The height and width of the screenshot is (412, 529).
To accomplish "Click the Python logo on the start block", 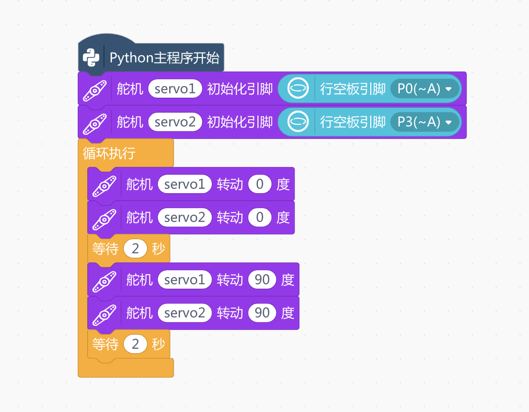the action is pos(91,57).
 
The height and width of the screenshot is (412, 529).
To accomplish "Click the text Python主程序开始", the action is pos(164,57).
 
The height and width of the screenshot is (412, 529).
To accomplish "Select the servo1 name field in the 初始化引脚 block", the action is pos(175,89).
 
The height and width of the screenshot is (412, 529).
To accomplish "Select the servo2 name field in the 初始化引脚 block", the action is pos(175,122).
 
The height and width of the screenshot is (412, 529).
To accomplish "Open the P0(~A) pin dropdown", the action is pos(425,89).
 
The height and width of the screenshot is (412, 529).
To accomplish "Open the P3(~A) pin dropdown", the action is pos(425,122).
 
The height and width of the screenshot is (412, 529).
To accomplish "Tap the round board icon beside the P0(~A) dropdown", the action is pos(298,88).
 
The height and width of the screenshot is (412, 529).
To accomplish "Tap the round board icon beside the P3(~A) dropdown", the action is pos(298,122).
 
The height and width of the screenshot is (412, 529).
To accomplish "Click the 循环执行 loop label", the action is pos(109,153).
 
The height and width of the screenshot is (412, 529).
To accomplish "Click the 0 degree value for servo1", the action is pos(260,184).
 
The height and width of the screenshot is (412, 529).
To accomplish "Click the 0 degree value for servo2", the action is pos(260,217).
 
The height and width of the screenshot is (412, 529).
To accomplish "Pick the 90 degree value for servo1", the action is pos(262,279).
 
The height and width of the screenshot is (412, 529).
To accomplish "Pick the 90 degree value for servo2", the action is pos(262,313).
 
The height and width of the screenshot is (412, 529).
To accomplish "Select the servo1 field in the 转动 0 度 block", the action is pos(184,184).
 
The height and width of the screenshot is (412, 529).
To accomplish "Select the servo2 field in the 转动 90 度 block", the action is pos(184,313).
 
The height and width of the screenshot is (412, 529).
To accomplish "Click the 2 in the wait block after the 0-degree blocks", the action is pos(135,248).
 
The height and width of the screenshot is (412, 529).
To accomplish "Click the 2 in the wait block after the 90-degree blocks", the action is pos(135,344).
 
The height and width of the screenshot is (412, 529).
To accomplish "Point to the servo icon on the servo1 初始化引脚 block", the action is pos(95,90).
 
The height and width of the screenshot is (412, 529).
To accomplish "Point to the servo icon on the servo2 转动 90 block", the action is pos(104,315).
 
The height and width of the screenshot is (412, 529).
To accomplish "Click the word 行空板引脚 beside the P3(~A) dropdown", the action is pos(353,122).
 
